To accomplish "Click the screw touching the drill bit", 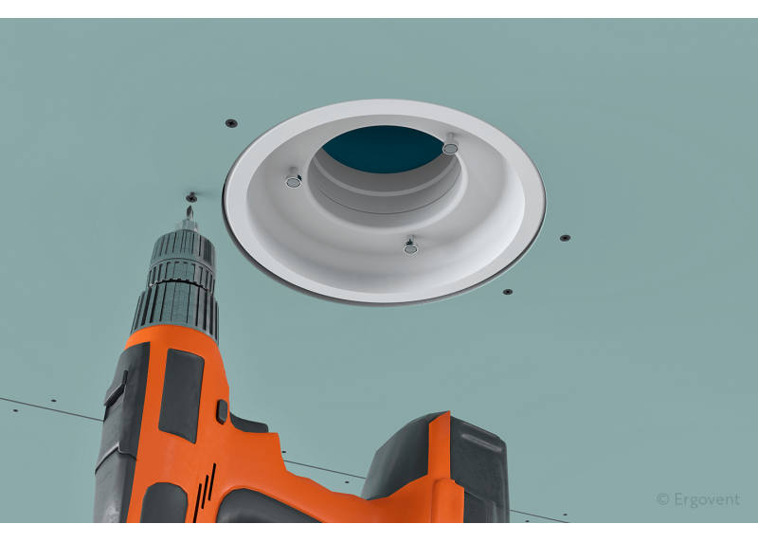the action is click(192, 197).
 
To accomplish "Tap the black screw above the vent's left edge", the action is click(231, 123).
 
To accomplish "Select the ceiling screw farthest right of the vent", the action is click(565, 238).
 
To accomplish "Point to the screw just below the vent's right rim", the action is click(508, 292).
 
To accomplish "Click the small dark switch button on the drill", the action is click(222, 411).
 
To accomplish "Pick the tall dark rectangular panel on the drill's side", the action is click(181, 395).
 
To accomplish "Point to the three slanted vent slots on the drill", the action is click(205, 491).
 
